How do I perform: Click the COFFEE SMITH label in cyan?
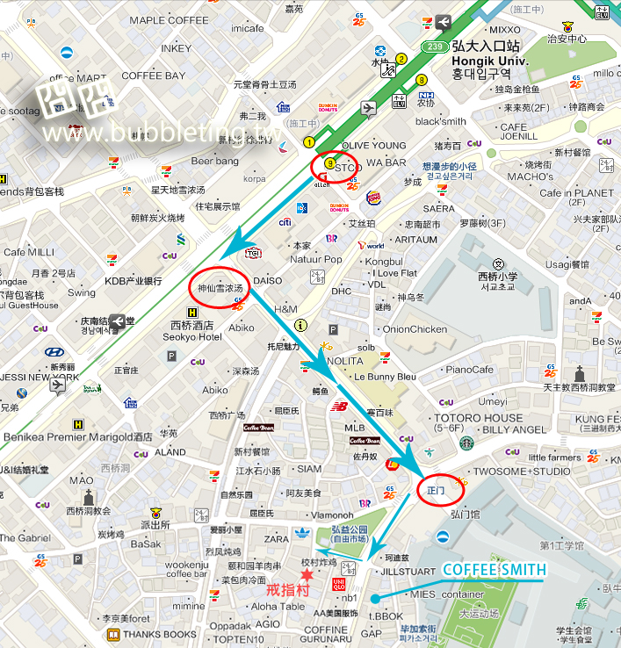pos(493,571)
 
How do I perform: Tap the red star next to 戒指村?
pos(307,574)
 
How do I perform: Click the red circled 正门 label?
pos(437,489)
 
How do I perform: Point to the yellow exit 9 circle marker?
pos(329,162)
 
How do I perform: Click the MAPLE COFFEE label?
pos(170,20)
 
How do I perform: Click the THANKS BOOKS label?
pos(160,635)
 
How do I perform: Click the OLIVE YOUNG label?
pos(374,146)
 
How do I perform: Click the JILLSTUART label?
pos(408,571)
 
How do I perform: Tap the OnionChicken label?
pos(415,329)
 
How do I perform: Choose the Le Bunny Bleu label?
pos(385,377)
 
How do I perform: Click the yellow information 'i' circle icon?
pos(300,325)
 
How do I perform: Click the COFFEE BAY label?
pos(154,76)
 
